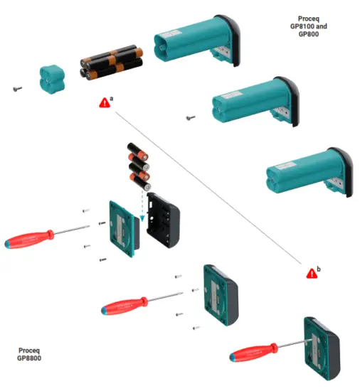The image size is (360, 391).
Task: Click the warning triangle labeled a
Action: tap(105, 102)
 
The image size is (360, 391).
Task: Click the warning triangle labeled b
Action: tap(311, 273)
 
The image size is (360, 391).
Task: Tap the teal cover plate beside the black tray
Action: tap(122, 228)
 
